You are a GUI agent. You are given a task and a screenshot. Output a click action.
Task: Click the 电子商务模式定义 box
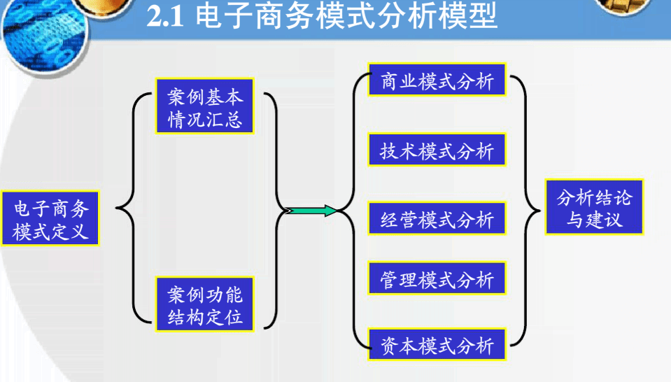pyautogui.click(x=50, y=218)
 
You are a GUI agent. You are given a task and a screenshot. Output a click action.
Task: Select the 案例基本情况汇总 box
pyautogui.click(x=205, y=107)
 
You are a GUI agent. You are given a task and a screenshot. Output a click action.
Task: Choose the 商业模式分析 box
pyautogui.click(x=437, y=82)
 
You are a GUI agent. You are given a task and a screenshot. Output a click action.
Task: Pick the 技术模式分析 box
pyautogui.click(x=437, y=151)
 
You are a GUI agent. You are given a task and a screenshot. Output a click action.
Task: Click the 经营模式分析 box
pyautogui.click(x=437, y=220)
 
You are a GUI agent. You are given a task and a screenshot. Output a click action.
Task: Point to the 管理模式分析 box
pyautogui.click(x=437, y=280)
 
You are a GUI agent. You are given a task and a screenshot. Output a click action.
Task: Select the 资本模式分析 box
pyautogui.click(x=437, y=345)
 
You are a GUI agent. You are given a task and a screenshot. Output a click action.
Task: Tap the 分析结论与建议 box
pyautogui.click(x=594, y=208)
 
